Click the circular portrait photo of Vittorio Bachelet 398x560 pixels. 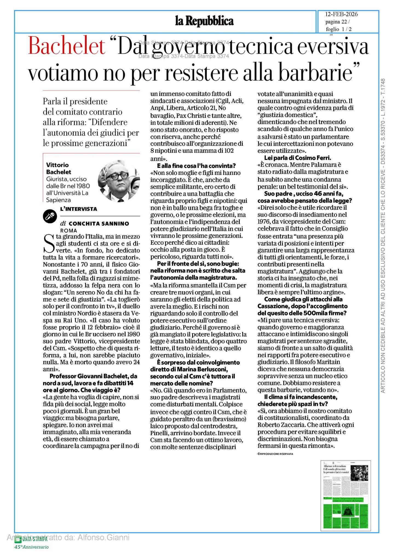coord(119,181)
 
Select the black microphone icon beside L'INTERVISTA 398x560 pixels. coord(50,217)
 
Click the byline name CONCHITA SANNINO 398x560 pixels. coord(99,223)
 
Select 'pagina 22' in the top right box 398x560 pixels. coord(337,22)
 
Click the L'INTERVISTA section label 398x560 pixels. coord(79,209)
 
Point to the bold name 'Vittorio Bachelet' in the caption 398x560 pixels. coord(59,168)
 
